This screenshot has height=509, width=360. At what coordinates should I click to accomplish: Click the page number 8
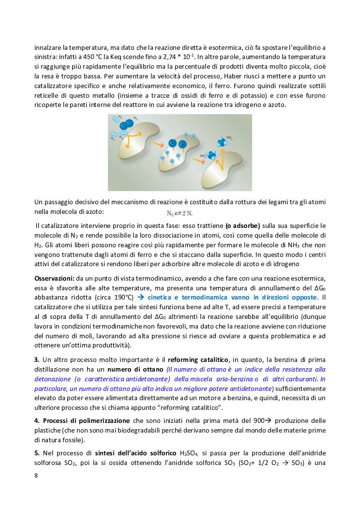coord(36,475)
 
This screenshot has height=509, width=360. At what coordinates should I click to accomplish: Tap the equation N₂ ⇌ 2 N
coord(180,212)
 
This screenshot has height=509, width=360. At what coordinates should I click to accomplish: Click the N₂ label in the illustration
coord(135,118)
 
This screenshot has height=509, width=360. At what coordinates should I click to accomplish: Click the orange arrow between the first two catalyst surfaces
coord(156,145)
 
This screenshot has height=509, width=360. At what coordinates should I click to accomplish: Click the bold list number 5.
coord(36,452)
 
